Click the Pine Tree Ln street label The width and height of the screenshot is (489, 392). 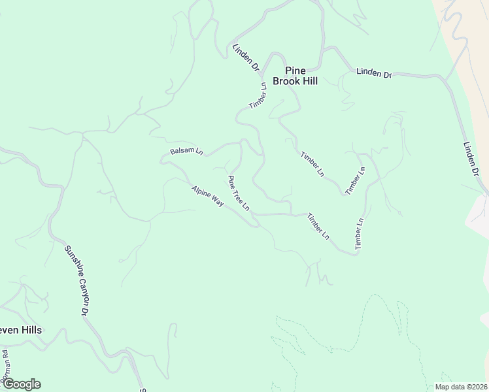coord(239,193)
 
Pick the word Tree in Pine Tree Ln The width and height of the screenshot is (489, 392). coord(239,193)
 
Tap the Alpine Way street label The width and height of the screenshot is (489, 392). coord(208,197)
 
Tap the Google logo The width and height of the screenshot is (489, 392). coord(21,384)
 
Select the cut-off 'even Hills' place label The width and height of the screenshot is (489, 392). coord(20,330)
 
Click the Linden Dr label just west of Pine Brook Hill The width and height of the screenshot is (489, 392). coord(246,57)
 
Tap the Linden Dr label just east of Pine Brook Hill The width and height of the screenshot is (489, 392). coord(374,73)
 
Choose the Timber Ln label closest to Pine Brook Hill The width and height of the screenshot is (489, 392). coord(259,95)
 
